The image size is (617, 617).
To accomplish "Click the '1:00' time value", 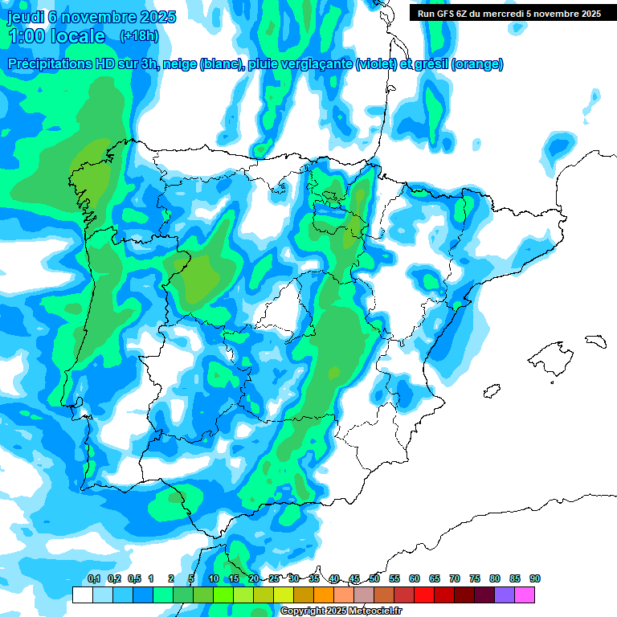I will pyautogui.click(x=27, y=36).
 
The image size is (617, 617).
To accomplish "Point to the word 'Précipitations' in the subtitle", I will pyautogui.click(x=55, y=64).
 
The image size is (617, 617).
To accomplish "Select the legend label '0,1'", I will pyautogui.click(x=94, y=579).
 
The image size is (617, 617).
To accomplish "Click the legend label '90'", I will pyautogui.click(x=534, y=579).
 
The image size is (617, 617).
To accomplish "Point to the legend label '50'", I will pyautogui.click(x=374, y=579).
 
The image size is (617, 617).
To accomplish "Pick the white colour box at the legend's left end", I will pyautogui.click(x=82, y=595).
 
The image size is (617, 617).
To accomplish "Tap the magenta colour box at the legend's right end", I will pyautogui.click(x=525, y=595).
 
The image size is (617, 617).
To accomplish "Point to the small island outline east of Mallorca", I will pyautogui.click(x=594, y=341).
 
